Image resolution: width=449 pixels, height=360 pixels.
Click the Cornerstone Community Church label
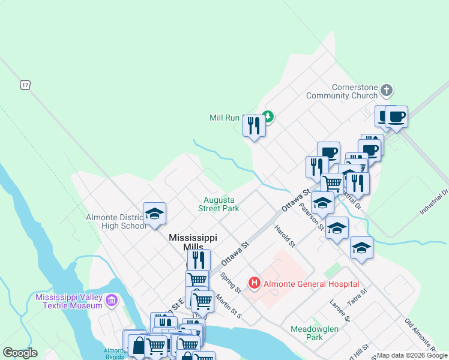[342, 91]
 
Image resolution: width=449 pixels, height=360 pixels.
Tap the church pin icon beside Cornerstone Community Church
[387, 91]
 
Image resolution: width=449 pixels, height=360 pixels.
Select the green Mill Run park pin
[268, 117]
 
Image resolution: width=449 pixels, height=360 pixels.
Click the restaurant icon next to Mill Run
[254, 125]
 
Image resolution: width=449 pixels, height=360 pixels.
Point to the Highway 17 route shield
[25, 85]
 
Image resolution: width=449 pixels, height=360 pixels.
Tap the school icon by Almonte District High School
[154, 214]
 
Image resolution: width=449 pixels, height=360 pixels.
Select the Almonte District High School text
[116, 221]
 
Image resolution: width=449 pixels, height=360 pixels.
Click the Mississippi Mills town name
[193, 242]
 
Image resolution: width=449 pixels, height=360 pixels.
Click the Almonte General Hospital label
[312, 284]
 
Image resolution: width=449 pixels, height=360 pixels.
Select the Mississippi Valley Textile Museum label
[69, 301]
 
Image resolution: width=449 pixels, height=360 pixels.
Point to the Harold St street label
[285, 236]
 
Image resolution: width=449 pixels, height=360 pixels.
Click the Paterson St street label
[318, 220]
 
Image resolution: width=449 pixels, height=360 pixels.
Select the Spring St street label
[230, 283]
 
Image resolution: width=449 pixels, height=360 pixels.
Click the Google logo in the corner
[20, 353]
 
